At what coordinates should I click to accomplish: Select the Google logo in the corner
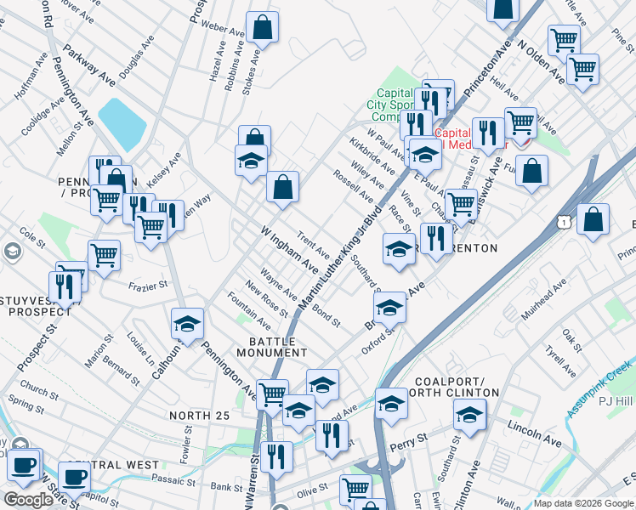(27, 500)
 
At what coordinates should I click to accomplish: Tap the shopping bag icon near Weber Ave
(264, 27)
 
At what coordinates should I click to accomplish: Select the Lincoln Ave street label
(535, 430)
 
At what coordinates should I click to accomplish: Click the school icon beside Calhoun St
(187, 324)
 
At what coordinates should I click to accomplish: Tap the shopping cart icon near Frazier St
(104, 255)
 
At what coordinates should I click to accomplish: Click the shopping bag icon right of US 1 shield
(593, 219)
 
